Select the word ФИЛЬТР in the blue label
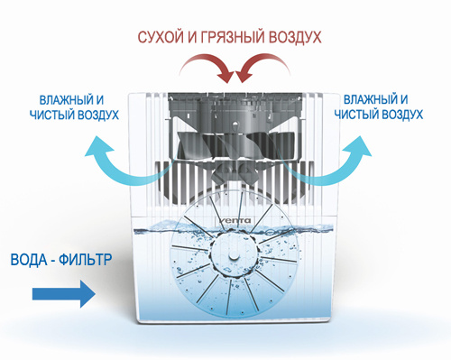point(89,260)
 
